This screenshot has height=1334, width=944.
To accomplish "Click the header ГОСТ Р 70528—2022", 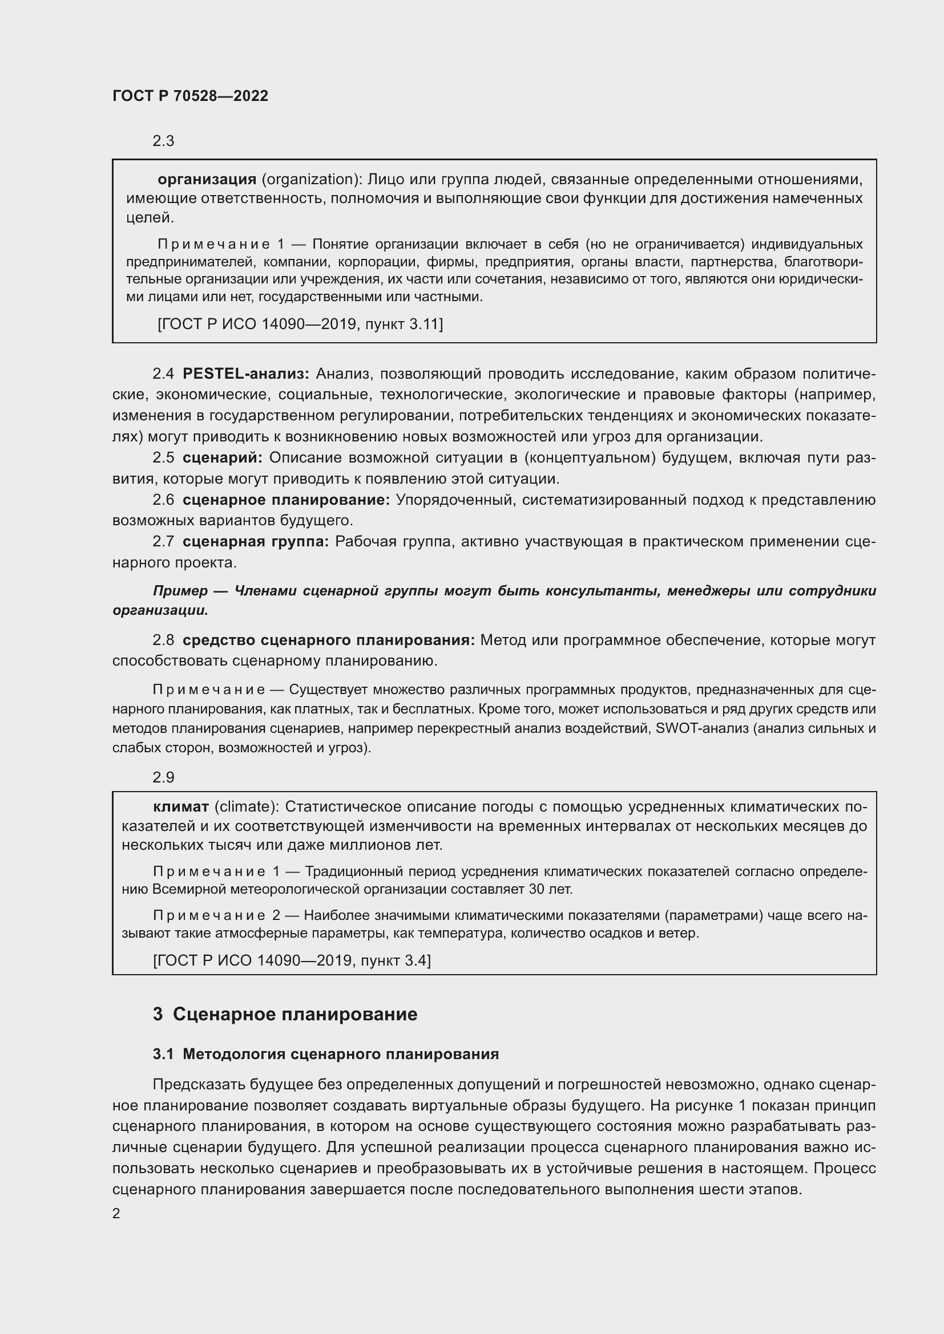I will click(x=190, y=96).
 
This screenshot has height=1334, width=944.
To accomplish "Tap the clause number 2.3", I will click(x=163, y=141).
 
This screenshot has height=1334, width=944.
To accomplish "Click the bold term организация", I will click(x=207, y=179).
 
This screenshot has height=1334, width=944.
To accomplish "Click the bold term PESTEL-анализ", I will click(x=245, y=374).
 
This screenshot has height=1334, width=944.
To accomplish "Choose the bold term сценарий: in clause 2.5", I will click(x=222, y=458).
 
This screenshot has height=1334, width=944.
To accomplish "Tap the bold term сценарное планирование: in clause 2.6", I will click(x=286, y=500).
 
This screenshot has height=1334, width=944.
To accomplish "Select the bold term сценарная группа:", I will click(x=255, y=541).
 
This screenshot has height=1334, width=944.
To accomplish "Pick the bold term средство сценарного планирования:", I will click(x=328, y=640).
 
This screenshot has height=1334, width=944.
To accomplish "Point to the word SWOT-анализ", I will click(x=701, y=728).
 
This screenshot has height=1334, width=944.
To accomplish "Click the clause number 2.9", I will click(x=163, y=777).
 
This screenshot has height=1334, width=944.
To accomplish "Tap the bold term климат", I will click(x=181, y=806).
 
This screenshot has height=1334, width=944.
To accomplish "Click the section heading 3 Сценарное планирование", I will click(x=285, y=1015).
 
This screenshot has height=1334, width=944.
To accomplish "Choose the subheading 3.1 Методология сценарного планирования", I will click(x=325, y=1055).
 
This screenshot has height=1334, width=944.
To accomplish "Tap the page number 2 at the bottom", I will click(x=116, y=1213).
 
